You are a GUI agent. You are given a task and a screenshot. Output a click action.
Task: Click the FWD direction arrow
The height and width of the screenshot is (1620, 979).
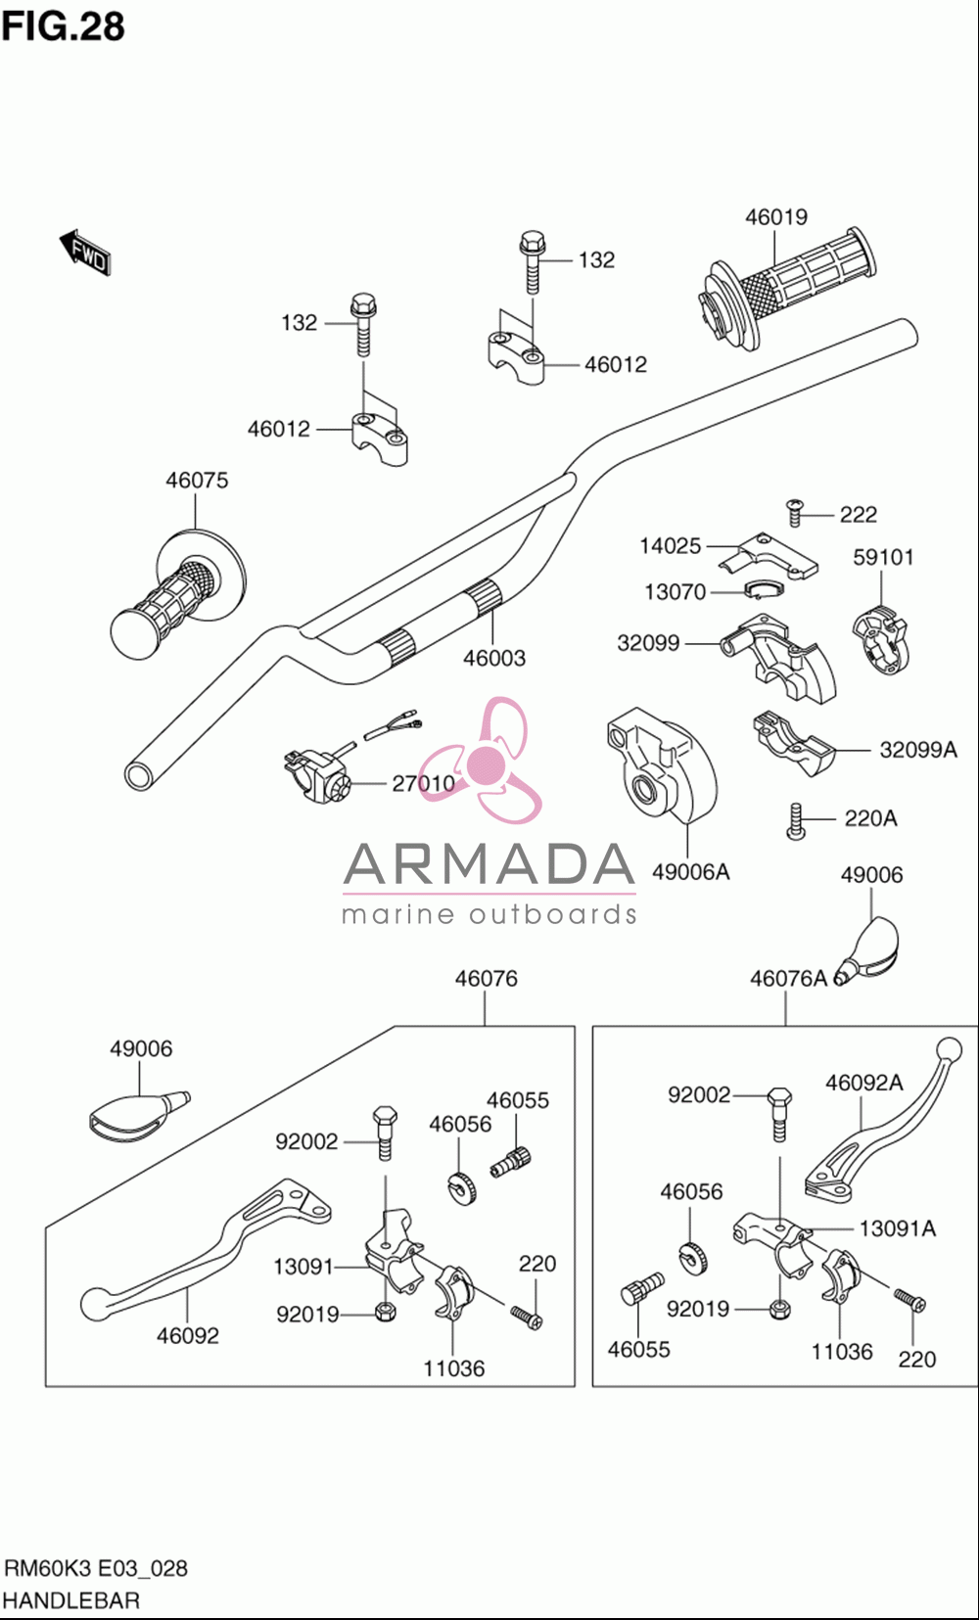pyautogui.click(x=85, y=254)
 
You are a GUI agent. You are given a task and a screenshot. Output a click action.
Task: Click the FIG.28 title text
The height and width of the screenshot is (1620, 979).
pyautogui.click(x=64, y=26)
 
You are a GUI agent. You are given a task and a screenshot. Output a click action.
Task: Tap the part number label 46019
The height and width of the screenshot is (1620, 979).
pyautogui.click(x=776, y=217)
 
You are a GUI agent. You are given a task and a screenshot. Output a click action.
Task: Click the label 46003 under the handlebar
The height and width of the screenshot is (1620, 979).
pyautogui.click(x=494, y=658)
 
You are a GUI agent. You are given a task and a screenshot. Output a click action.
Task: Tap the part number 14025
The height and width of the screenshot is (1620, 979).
pyautogui.click(x=670, y=546)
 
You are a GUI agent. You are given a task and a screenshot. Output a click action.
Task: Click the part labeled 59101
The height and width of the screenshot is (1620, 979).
pyautogui.click(x=881, y=639)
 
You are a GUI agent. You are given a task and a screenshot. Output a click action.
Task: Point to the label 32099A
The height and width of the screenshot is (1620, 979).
pyautogui.click(x=918, y=750)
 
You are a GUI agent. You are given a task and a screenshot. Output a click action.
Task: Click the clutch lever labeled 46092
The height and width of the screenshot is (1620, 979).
pyautogui.click(x=207, y=1245)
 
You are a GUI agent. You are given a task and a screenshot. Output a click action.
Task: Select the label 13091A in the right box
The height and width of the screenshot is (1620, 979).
pyautogui.click(x=897, y=1228)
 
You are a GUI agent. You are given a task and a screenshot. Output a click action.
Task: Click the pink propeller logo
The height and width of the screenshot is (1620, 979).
pyautogui.click(x=482, y=761)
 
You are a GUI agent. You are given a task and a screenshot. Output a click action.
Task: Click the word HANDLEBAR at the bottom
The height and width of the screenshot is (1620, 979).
pyautogui.click(x=72, y=1599)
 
